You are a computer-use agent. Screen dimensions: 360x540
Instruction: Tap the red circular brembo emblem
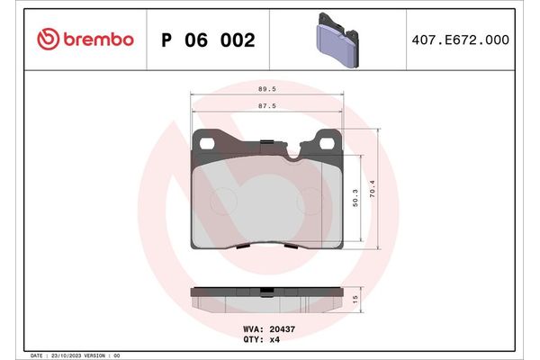pyautogui.click(x=48, y=40)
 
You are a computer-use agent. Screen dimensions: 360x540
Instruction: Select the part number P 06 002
pyautogui.click(x=207, y=40)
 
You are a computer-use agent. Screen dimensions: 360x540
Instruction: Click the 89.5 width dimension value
pyautogui.click(x=266, y=90)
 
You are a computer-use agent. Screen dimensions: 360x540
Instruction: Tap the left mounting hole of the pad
pyautogui.click(x=208, y=143)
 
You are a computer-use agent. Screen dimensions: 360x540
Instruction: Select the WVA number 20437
pyautogui.click(x=283, y=329)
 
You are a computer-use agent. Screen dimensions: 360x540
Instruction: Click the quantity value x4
pyautogui.click(x=274, y=340)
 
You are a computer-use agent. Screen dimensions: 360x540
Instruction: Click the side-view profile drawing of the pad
pyautogui.click(x=266, y=296)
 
